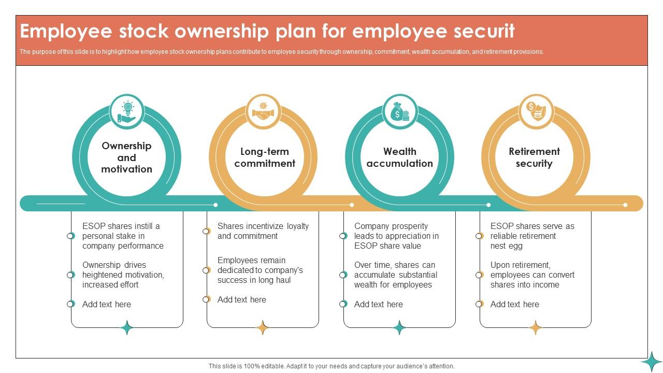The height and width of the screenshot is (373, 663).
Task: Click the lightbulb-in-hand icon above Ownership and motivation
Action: [127, 111]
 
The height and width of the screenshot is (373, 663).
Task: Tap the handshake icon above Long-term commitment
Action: [263, 111]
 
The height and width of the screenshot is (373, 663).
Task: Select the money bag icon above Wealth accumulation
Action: [399, 111]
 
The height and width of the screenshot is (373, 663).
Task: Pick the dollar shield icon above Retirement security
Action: [536, 111]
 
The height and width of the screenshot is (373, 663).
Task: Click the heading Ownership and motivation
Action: [127, 157]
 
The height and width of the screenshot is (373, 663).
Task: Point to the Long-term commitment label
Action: [265, 157]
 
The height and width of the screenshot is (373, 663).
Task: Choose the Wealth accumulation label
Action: [399, 157]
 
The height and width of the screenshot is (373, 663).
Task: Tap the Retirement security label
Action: [534, 157]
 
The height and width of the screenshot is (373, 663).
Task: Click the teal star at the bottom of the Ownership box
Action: [127, 327]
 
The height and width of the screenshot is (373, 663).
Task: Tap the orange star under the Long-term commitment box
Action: [263, 327]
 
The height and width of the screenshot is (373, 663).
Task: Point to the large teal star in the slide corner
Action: [652, 362]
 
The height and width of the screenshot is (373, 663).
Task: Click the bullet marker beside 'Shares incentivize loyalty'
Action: [206, 231]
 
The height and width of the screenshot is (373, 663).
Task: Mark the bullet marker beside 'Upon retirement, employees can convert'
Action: [479, 275]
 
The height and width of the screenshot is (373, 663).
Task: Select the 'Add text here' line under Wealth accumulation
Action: [378, 304]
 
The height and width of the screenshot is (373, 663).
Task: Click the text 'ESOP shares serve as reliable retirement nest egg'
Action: [532, 236]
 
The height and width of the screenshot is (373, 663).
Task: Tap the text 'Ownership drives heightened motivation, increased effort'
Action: [123, 275]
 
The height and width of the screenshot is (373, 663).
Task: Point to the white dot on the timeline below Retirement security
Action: [625, 205]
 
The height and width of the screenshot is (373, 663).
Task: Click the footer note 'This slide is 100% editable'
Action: [331, 366]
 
